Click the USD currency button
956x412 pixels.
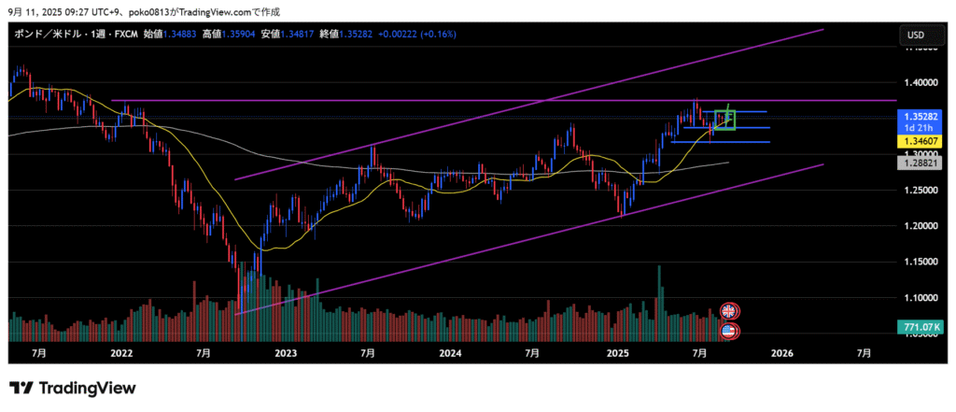pyautogui.click(x=916, y=36)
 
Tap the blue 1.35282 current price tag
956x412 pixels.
pyautogui.click(x=920, y=115)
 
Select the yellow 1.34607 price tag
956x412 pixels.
pyautogui.click(x=920, y=140)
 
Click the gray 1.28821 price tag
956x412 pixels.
pyautogui.click(x=920, y=163)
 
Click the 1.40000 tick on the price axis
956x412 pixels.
pyautogui.click(x=920, y=81)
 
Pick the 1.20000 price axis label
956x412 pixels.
pyautogui.click(x=920, y=226)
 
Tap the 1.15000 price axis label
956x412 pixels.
pyautogui.click(x=920, y=263)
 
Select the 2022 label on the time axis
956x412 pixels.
pyautogui.click(x=121, y=354)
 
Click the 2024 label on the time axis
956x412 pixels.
pyautogui.click(x=451, y=354)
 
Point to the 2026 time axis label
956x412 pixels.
pyautogui.click(x=781, y=354)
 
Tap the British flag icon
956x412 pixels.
pyautogui.click(x=728, y=311)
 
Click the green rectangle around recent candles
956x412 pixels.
pyautogui.click(x=725, y=121)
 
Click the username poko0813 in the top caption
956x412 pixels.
pyautogui.click(x=128, y=11)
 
